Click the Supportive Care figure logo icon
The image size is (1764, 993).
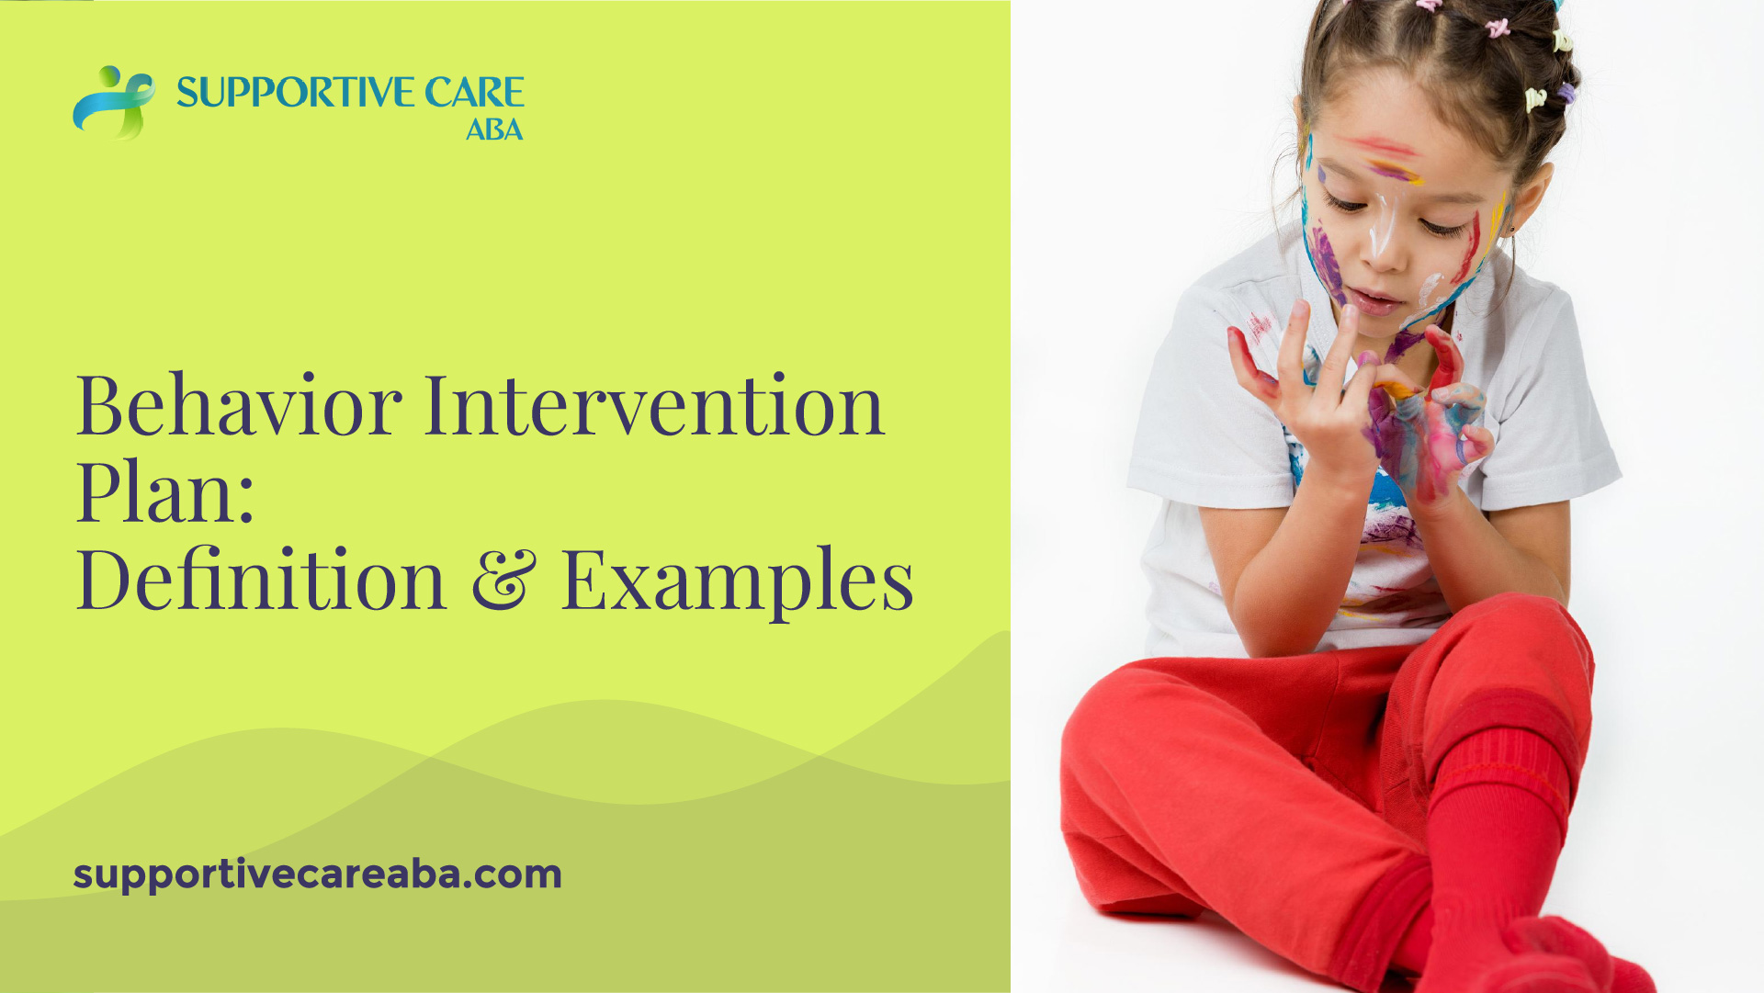click(x=113, y=101)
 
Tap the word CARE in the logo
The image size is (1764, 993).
click(x=474, y=93)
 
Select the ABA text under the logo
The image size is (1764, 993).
click(x=493, y=130)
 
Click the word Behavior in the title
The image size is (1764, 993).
click(x=239, y=405)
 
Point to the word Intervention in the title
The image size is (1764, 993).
click(x=653, y=405)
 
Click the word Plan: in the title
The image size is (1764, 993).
click(x=165, y=492)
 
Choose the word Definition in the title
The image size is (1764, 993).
click(x=261, y=580)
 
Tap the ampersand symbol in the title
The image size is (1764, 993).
click(x=503, y=580)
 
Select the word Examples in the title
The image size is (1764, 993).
click(x=737, y=580)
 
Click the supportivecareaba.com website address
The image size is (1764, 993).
click(x=317, y=874)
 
